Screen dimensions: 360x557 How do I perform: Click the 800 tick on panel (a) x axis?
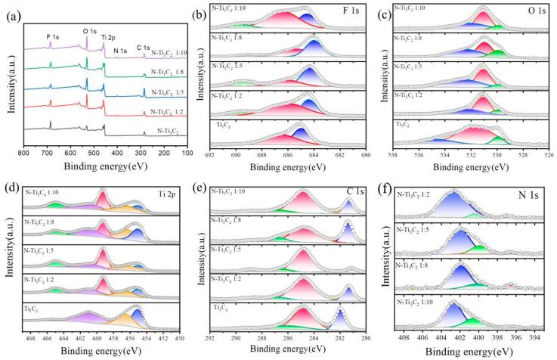click(x=23, y=153)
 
